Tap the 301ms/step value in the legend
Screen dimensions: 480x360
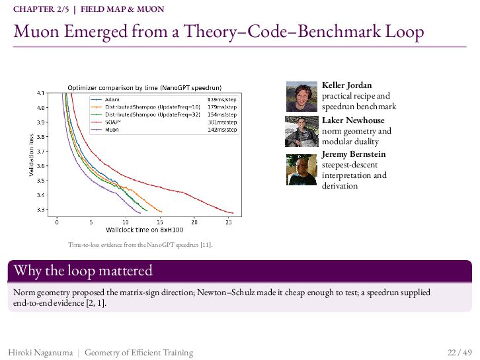click(222, 122)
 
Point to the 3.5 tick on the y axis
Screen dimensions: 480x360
click(41, 181)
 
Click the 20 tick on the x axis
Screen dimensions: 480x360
click(194, 222)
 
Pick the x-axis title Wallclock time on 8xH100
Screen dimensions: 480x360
click(145, 230)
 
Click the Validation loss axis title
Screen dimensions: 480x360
click(31, 155)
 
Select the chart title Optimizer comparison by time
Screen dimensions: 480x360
click(145, 88)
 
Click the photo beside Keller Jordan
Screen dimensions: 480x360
click(301, 97)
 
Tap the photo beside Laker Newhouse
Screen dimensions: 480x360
click(301, 131)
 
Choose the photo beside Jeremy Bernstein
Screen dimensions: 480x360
click(301, 169)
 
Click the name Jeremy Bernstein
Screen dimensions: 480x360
click(354, 154)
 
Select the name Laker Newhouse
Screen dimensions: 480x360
click(353, 120)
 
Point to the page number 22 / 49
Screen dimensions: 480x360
click(460, 352)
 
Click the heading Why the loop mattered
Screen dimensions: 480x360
click(83, 271)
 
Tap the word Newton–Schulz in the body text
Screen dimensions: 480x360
click(226, 292)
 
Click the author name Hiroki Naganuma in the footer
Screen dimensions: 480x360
click(41, 353)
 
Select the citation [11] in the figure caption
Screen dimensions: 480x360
click(206, 245)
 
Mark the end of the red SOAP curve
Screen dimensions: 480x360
click(233, 213)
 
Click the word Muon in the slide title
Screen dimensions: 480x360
click(36, 31)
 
